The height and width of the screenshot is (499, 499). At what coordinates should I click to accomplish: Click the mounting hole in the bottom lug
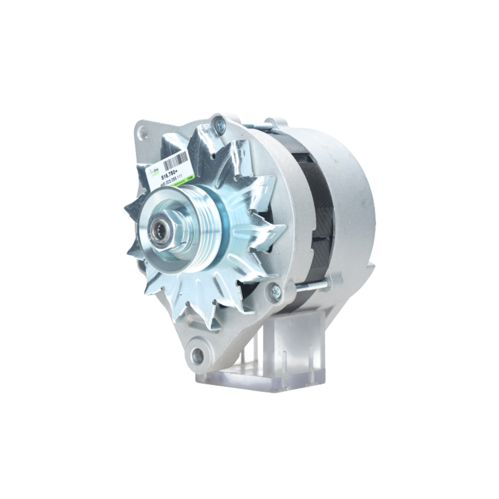(x=198, y=356)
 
